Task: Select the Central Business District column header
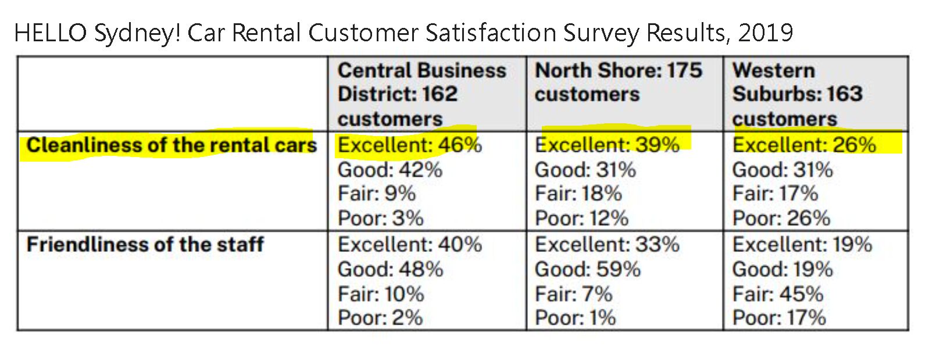421,94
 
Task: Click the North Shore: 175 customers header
618,83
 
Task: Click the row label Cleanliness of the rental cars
171,145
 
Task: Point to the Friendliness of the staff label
145,244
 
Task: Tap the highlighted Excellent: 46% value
409,145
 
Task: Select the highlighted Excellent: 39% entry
606,145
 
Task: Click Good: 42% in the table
390,170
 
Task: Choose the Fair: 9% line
377,194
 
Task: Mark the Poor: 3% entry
380,218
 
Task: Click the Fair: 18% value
578,194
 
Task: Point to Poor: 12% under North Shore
581,218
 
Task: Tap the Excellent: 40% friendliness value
409,244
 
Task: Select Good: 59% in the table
587,269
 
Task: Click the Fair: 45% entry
777,294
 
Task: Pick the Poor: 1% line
575,318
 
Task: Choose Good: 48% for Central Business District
390,269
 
